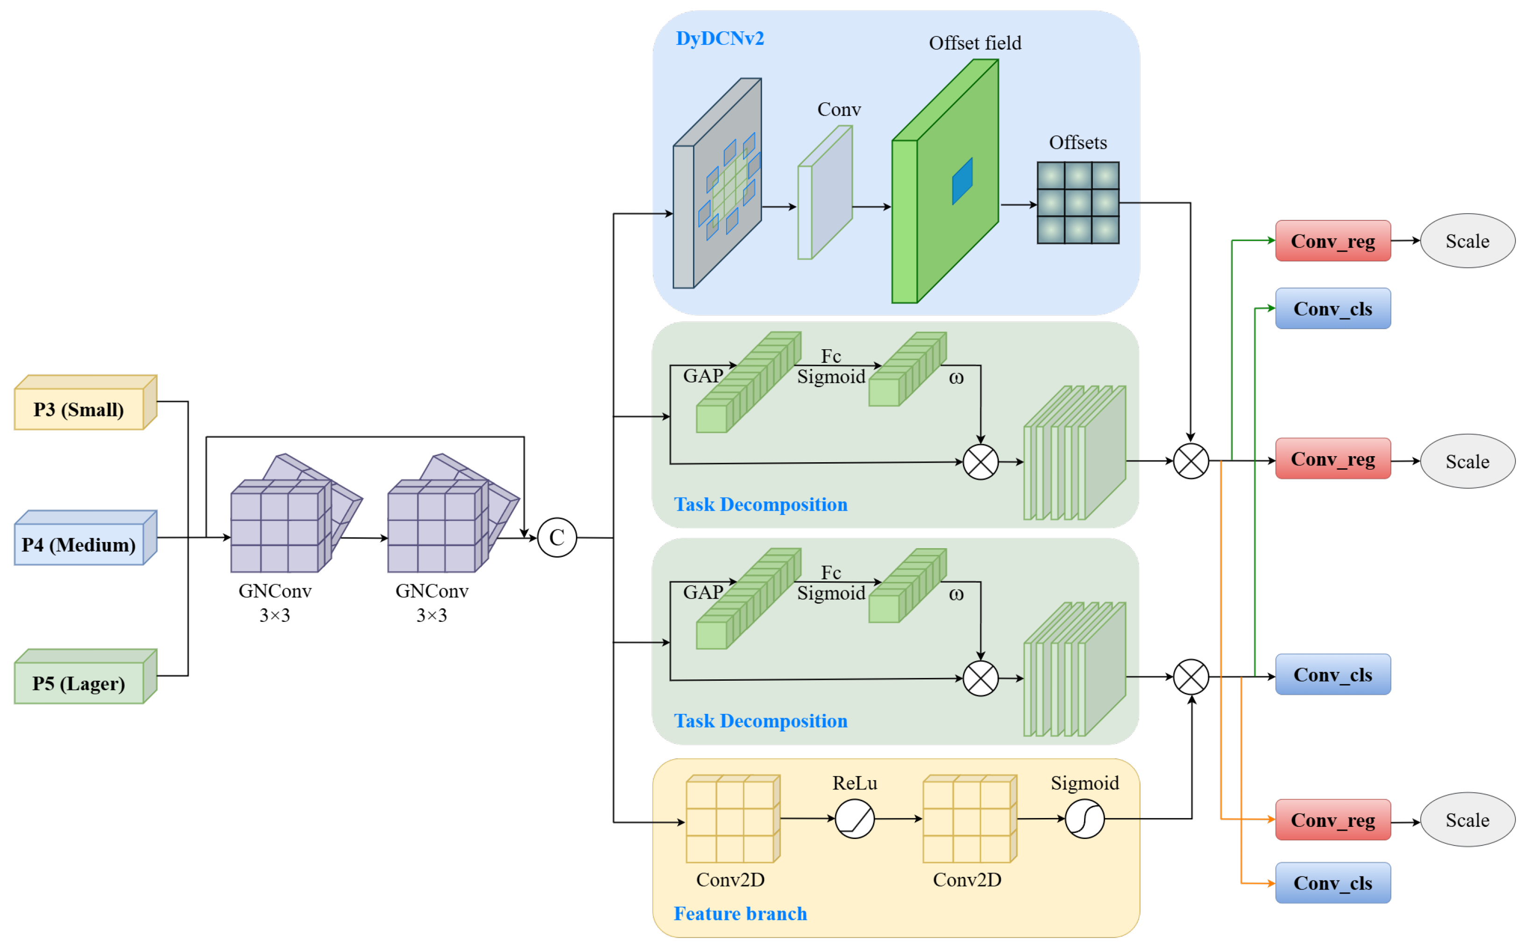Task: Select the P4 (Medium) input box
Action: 79,544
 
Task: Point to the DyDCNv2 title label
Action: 720,38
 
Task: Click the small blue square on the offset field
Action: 962,181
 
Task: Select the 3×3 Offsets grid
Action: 1077,203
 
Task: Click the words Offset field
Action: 975,43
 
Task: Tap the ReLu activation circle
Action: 854,818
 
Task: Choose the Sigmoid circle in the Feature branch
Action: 1084,818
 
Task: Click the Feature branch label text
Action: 740,913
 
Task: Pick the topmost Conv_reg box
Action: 1332,240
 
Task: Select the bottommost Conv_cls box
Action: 1332,883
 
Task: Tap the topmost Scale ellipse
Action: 1467,240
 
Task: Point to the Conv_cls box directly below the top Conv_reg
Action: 1332,309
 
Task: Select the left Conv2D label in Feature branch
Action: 730,880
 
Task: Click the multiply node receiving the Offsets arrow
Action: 1190,461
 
